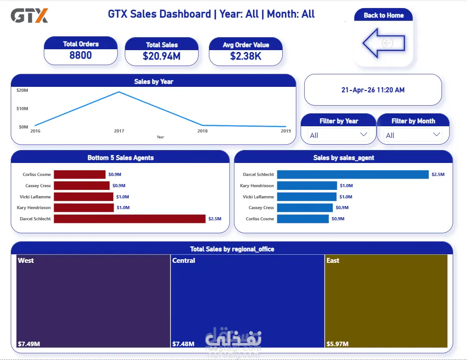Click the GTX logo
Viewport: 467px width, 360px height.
click(29, 16)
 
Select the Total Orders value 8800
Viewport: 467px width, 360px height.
click(81, 56)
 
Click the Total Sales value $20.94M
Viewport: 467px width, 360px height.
click(161, 56)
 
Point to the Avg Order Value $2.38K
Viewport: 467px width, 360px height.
click(246, 56)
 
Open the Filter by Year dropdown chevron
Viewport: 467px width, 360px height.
click(363, 134)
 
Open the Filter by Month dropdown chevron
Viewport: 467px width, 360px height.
click(436, 134)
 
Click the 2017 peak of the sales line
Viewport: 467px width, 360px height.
click(119, 92)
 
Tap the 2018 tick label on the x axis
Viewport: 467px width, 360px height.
click(203, 131)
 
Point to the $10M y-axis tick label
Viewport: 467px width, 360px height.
click(22, 108)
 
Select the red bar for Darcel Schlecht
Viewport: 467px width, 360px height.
click(130, 219)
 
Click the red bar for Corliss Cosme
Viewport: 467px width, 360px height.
click(80, 174)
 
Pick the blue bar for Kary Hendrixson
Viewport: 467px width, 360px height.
click(307, 186)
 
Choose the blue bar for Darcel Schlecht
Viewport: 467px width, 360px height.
click(352, 174)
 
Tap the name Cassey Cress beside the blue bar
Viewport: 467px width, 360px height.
click(261, 208)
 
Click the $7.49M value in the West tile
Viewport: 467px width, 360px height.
click(29, 344)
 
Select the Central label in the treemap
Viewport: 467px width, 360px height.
click(183, 261)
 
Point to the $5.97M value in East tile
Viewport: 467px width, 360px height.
click(337, 344)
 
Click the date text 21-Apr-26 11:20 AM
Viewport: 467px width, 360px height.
click(373, 90)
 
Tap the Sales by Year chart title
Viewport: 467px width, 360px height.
click(154, 81)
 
